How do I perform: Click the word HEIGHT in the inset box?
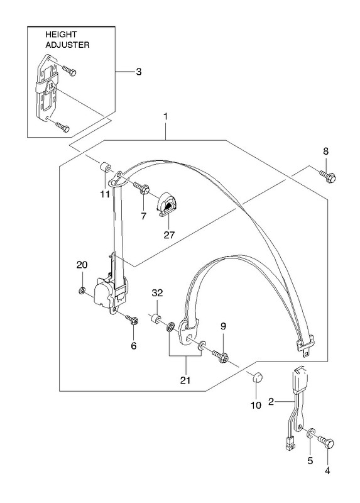point(61,35)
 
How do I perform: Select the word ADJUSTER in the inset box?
point(67,45)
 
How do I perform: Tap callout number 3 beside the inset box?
point(138,72)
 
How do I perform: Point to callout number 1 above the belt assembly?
point(165,116)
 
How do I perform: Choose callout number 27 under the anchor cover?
point(169,235)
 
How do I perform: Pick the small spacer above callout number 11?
point(104,168)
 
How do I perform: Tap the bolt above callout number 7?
point(141,187)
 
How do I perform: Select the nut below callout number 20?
point(82,290)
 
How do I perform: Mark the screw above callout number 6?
point(132,319)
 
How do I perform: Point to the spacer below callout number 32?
point(156,319)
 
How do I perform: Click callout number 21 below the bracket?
point(185,380)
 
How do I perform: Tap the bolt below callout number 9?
point(220,357)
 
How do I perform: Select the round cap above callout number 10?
point(258,377)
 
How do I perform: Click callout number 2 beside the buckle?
point(271,401)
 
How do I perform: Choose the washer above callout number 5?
point(310,433)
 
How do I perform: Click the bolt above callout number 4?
point(325,442)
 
